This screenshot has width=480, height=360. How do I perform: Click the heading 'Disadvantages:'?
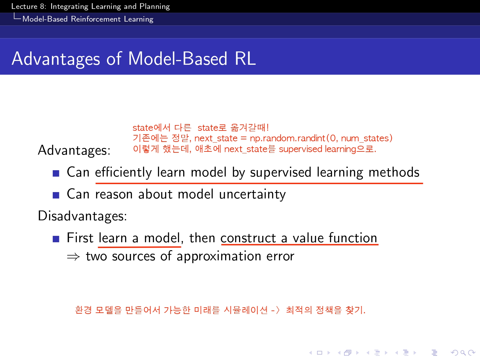tap(83, 216)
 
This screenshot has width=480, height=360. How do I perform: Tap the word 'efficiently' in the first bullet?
tap(123, 172)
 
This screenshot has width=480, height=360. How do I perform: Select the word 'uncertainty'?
tap(252, 194)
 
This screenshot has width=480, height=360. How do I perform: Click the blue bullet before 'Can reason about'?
tap(56, 195)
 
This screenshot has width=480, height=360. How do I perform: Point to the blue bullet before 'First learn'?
tap(56, 239)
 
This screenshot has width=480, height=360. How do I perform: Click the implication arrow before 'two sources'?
tap(73, 257)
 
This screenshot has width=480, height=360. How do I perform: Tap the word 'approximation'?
tap(219, 257)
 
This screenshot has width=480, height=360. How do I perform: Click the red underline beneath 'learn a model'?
tap(139, 247)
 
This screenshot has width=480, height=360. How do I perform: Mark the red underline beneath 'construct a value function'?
tap(300, 244)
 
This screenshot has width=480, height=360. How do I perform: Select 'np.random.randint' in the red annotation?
tap(288, 138)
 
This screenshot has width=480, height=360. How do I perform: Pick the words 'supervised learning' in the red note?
tap(317, 149)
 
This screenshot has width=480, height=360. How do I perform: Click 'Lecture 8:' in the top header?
tap(29, 6)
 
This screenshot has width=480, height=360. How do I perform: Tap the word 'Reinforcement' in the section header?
tap(96, 19)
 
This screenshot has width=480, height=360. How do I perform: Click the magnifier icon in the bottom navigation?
tap(463, 353)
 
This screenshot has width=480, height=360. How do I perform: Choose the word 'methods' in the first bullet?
tap(394, 172)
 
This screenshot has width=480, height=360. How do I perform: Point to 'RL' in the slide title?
tap(245, 59)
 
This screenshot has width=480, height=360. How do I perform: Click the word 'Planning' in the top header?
tap(155, 7)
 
